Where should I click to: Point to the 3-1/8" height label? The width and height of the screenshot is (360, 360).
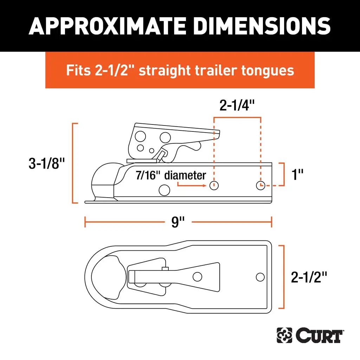pyautogui.click(x=47, y=163)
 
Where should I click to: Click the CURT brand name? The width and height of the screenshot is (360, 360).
pyautogui.click(x=319, y=336)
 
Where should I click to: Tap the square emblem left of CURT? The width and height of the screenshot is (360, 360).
pyautogui.click(x=284, y=336)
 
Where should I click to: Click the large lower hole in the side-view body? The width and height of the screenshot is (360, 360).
pyautogui.click(x=164, y=190)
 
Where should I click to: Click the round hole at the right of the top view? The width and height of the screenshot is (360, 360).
pyautogui.click(x=260, y=277)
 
